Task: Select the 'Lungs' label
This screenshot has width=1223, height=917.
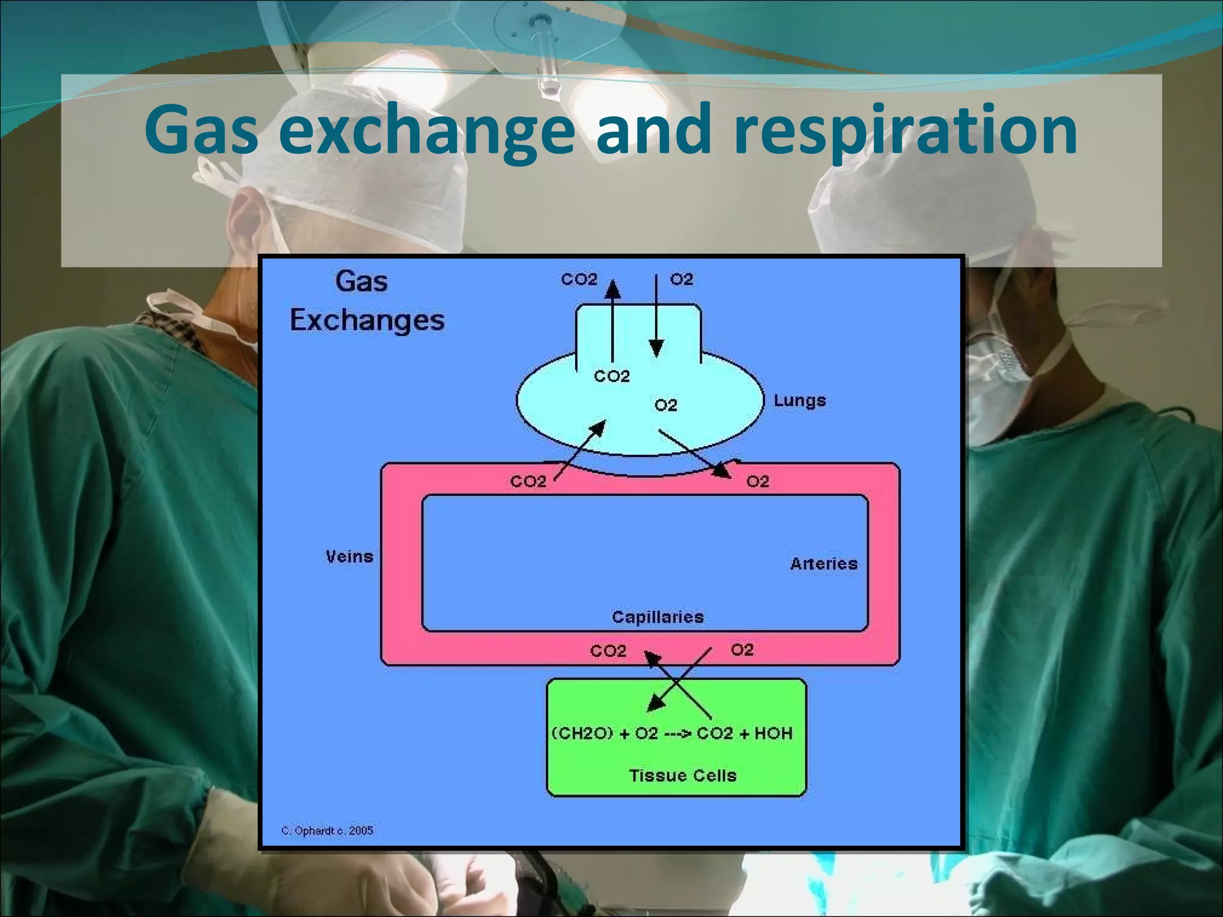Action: (x=800, y=401)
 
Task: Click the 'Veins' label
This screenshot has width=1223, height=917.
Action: (x=349, y=557)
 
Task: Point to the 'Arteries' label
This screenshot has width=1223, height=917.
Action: (x=823, y=564)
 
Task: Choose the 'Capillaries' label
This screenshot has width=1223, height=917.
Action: (x=657, y=617)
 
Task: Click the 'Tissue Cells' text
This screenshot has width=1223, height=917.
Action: (x=683, y=776)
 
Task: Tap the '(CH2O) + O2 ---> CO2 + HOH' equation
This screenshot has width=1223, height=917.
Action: (x=671, y=734)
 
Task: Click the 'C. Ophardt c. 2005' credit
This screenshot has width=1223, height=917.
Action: (x=327, y=830)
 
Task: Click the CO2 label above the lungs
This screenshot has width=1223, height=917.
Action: (x=579, y=279)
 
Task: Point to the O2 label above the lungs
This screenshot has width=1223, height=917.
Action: (x=681, y=279)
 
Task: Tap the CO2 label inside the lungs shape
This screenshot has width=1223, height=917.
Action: (x=611, y=376)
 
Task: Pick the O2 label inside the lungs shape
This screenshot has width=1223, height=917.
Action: (x=666, y=405)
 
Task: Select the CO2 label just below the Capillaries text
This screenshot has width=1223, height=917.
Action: (x=608, y=651)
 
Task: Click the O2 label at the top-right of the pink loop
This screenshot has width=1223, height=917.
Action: (x=757, y=481)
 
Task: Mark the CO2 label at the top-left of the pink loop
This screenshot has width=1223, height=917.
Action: (x=528, y=481)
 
